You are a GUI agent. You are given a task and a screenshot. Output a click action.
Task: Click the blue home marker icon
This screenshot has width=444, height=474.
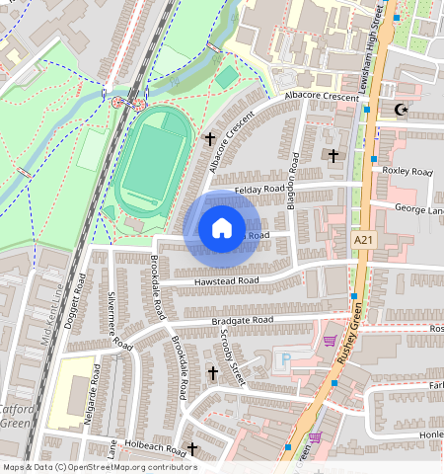(x=222, y=228)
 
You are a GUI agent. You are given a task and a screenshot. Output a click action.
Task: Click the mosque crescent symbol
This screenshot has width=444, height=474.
(x=401, y=111)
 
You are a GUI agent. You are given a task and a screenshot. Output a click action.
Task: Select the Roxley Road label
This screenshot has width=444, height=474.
(x=407, y=172)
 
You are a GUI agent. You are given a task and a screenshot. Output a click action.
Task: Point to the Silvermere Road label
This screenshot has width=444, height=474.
(x=119, y=322)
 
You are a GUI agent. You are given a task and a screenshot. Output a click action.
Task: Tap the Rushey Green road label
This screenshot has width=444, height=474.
(x=352, y=336)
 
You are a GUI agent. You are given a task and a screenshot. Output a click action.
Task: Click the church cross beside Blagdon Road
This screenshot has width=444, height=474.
(x=333, y=156)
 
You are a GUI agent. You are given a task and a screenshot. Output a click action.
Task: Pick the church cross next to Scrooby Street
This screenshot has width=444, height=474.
(x=212, y=373)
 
